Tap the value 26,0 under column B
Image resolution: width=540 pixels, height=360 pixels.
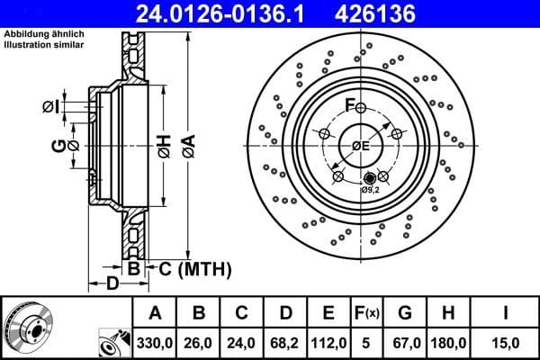[x=200, y=342]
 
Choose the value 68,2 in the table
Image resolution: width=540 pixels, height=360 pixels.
[x=286, y=342]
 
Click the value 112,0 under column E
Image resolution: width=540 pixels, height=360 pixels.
[x=329, y=342]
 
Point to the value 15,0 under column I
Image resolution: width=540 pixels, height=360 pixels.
[x=507, y=342]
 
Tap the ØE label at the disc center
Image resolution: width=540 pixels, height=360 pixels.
[x=361, y=146]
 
